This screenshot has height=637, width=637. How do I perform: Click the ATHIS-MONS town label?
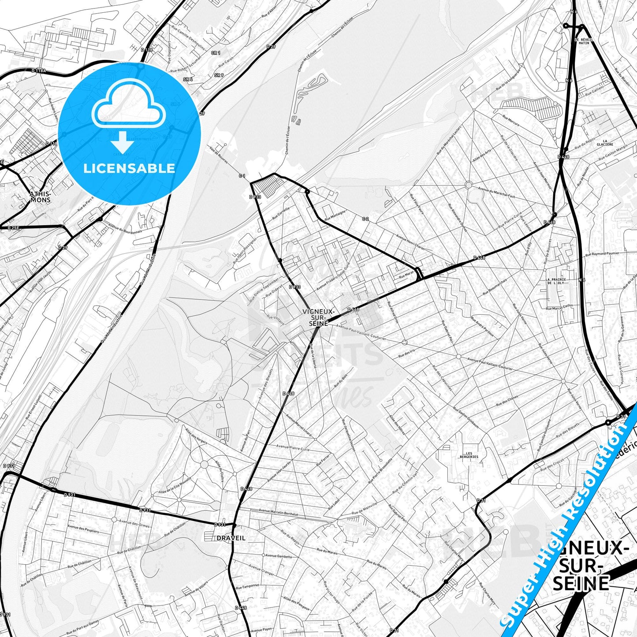(x=40, y=197)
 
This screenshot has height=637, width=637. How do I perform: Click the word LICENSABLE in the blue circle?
(x=129, y=168)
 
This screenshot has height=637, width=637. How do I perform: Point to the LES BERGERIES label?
(x=469, y=455)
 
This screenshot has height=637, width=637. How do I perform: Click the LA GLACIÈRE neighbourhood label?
(x=605, y=142)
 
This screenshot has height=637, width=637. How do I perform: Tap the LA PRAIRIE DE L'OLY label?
(x=555, y=281)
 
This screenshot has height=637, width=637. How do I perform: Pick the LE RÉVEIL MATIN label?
(x=584, y=41)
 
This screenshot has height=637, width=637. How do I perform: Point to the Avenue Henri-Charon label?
(x=410, y=242)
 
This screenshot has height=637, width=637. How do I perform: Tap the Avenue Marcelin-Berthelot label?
(x=278, y=513)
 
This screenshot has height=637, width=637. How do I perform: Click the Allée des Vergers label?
(x=197, y=437)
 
